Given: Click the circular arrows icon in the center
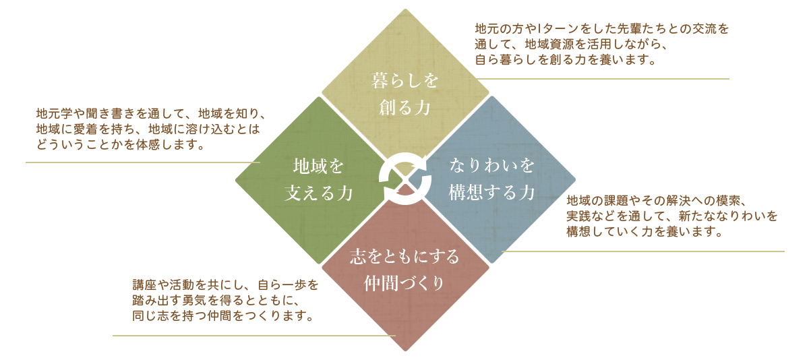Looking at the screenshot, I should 404,179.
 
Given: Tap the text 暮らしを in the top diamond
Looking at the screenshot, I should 404,82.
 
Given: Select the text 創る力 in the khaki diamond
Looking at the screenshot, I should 404,107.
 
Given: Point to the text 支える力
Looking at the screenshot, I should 318,193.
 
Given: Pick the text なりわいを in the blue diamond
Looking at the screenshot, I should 491,165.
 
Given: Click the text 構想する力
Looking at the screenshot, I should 491,193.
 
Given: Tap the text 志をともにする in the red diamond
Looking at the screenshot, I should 404,257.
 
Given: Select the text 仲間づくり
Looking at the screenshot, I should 404,283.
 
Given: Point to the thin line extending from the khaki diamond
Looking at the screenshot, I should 607,79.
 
